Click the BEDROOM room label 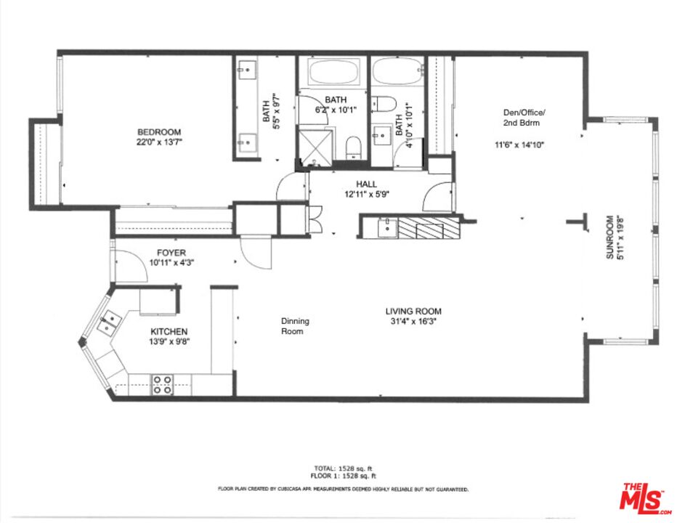[x=159, y=132]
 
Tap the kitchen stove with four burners [x=162, y=385]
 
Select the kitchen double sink [x=109, y=323]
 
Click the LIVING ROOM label [x=413, y=311]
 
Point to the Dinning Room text [x=295, y=326]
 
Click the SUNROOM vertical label [x=609, y=237]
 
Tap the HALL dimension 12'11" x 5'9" [x=367, y=195]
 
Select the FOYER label [x=171, y=253]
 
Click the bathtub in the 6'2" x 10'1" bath [x=333, y=72]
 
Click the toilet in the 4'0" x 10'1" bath [x=384, y=103]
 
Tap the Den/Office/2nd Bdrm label [x=524, y=118]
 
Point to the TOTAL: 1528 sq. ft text [x=343, y=468]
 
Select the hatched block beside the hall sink [x=429, y=228]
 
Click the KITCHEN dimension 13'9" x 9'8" [x=169, y=341]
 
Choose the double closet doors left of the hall [x=315, y=220]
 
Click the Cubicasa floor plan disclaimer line [x=343, y=490]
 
